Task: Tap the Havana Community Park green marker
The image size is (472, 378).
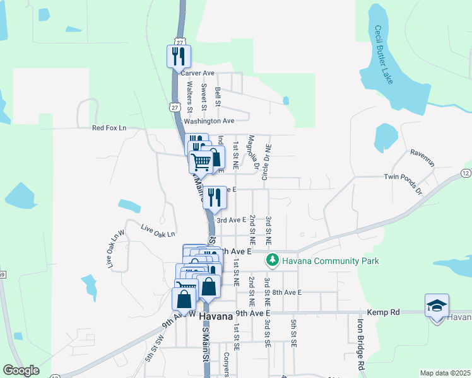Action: pyautogui.click(x=272, y=260)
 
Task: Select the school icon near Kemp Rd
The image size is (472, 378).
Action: pyautogui.click(x=437, y=307)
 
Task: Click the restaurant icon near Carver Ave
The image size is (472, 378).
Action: pyautogui.click(x=179, y=57)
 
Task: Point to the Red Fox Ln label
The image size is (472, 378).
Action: pyautogui.click(x=109, y=128)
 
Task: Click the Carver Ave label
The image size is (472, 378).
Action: pyautogui.click(x=197, y=73)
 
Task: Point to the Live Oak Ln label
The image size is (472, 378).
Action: pyautogui.click(x=157, y=231)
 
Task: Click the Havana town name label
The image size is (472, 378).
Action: pyautogui.click(x=216, y=316)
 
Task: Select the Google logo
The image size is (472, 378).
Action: pyautogui.click(x=21, y=370)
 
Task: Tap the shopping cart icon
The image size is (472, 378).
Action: pyautogui.click(x=201, y=162)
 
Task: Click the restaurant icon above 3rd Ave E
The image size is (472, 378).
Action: pyautogui.click(x=215, y=197)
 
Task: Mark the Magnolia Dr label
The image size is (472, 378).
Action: pyautogui.click(x=252, y=152)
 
